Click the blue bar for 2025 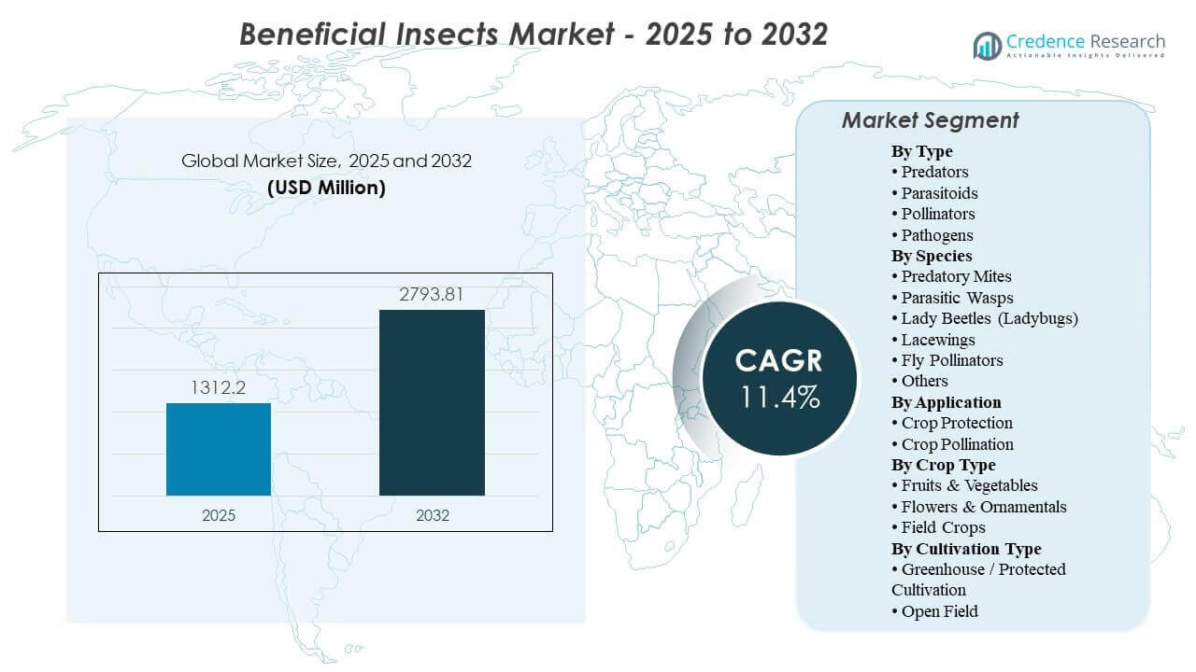click(219, 449)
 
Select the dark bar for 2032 click(432, 402)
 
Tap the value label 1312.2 click(219, 387)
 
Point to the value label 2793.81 click(432, 295)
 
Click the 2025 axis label click(219, 515)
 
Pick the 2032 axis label click(432, 515)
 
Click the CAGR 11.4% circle click(778, 378)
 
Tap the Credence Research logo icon click(987, 45)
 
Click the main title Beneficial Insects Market click(534, 34)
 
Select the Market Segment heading click(930, 120)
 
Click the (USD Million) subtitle click(326, 187)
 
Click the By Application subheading click(946, 402)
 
